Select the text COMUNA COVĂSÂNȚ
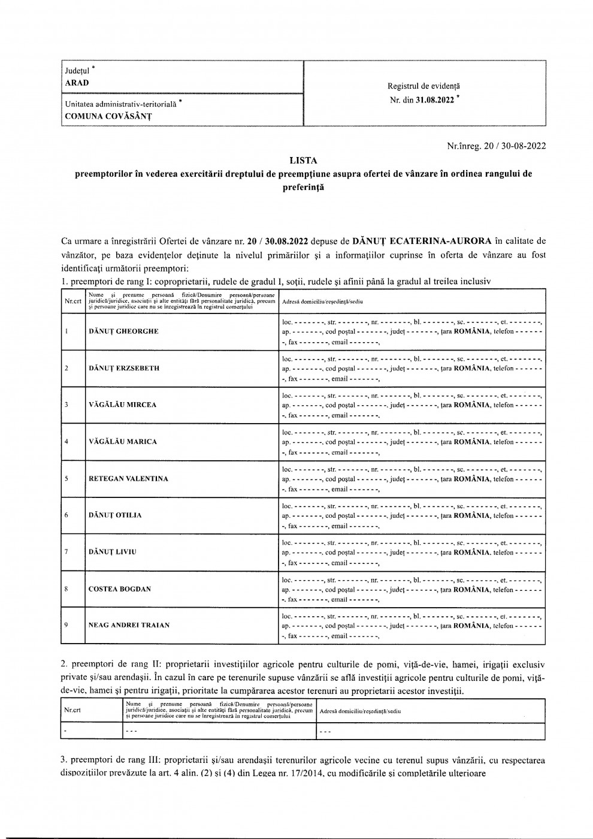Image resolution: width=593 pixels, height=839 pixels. coord(107,116)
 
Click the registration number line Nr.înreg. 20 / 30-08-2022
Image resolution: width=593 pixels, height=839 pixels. coord(497,145)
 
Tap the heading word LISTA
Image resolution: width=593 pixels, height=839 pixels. coord(302,161)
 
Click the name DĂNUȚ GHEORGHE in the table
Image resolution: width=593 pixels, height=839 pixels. coord(123,331)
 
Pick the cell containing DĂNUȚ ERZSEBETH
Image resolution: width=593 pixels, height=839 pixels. coord(124,368)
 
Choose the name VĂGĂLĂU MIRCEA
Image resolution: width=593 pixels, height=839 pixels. coord(122,405)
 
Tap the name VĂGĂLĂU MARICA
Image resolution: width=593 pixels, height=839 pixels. coord(122,442)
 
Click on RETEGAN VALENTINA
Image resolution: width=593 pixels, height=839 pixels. coord(128,479)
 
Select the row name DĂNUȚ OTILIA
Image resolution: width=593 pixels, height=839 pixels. coord(115,515)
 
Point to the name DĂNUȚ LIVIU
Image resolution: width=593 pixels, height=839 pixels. coord(112,552)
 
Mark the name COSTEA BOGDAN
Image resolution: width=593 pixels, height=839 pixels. coord(120,589)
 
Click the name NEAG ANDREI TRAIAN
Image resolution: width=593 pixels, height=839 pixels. coord(129,625)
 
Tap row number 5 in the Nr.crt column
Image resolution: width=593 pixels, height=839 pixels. coord(66,479)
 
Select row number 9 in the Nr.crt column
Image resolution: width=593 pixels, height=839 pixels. coord(66,625)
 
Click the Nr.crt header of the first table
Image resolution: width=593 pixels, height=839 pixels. coord(72,300)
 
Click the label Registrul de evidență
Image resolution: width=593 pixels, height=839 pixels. coord(424,86)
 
